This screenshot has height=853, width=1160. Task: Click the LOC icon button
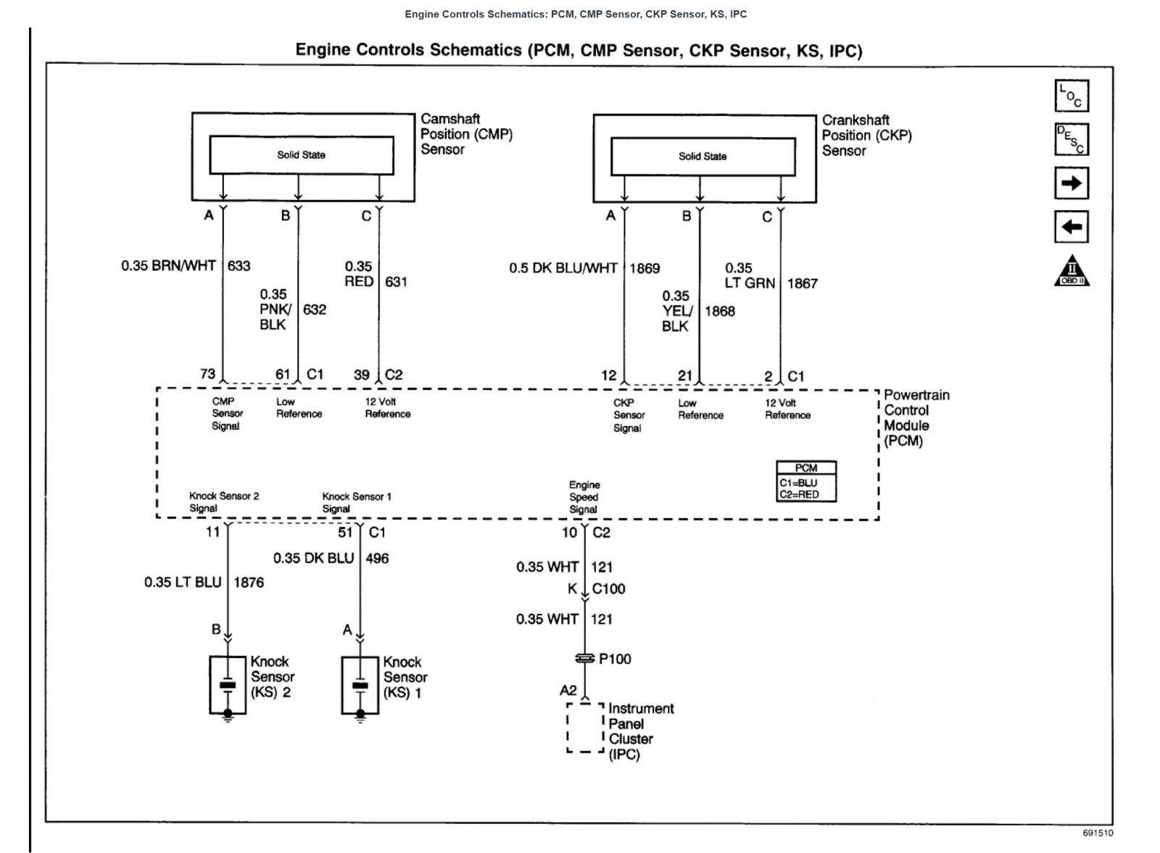click(x=1072, y=96)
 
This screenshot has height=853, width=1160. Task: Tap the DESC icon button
click(x=1072, y=139)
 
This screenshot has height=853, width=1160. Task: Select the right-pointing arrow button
click(x=1072, y=183)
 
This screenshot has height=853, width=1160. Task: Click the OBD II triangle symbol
click(x=1072, y=271)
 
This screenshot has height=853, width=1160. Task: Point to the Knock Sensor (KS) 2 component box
click(x=210, y=685)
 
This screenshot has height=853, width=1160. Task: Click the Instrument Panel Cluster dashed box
click(x=568, y=727)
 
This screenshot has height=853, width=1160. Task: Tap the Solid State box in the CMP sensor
click(x=302, y=155)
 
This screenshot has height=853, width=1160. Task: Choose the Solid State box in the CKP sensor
click(x=703, y=157)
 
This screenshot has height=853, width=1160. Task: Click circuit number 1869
click(x=645, y=268)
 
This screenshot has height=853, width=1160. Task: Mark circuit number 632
click(x=315, y=309)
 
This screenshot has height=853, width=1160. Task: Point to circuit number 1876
click(x=249, y=582)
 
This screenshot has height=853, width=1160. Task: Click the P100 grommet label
click(x=615, y=659)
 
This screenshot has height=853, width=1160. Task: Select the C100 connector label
click(x=608, y=588)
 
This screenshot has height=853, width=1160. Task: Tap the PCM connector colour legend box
click(x=806, y=481)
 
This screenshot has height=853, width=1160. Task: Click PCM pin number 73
click(x=207, y=374)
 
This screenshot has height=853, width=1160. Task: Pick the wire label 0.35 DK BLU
click(x=313, y=558)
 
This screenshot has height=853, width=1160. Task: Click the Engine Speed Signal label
click(x=584, y=497)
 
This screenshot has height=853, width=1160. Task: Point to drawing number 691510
click(x=1098, y=833)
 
